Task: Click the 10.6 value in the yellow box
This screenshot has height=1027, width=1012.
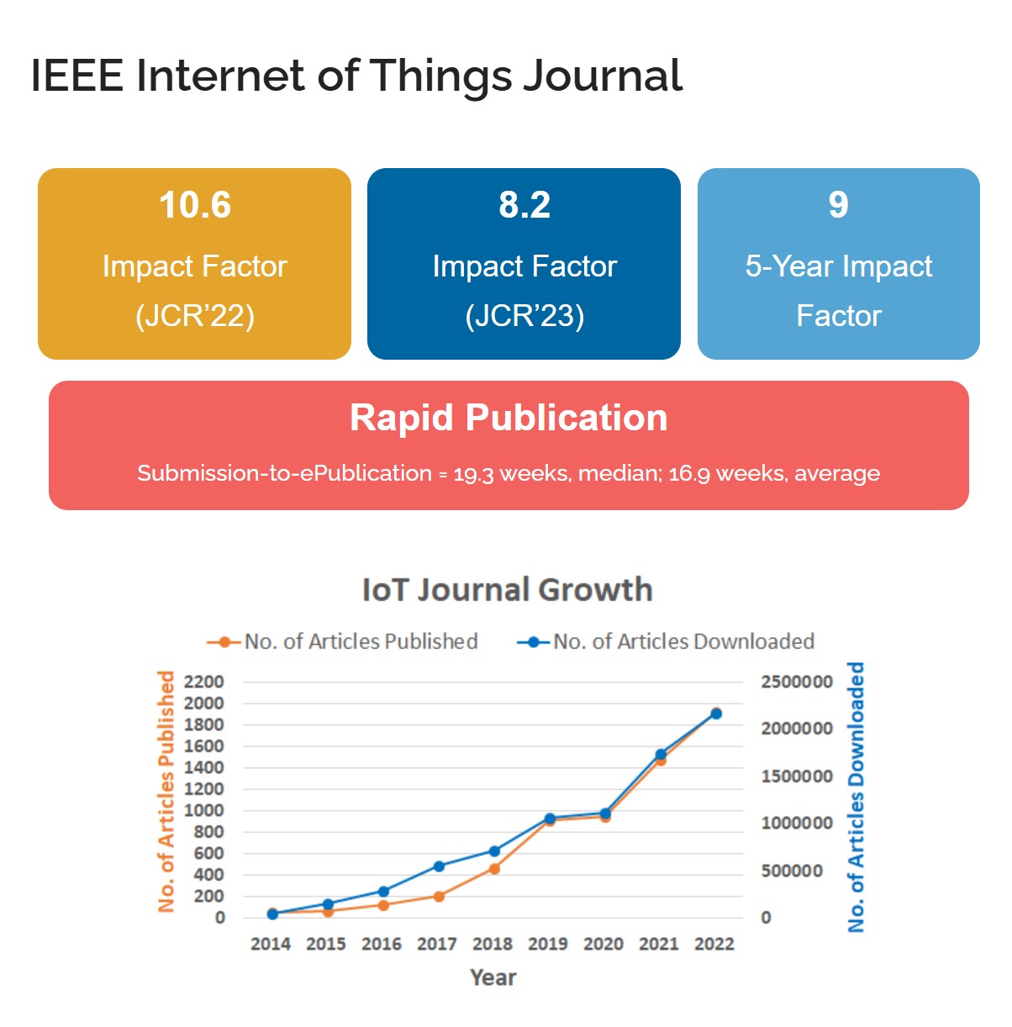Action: pyautogui.click(x=195, y=205)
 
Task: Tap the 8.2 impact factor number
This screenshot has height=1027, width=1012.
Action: pyautogui.click(x=524, y=205)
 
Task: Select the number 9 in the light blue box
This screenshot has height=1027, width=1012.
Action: pyautogui.click(x=838, y=205)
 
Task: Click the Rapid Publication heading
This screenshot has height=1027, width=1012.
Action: pyautogui.click(x=509, y=418)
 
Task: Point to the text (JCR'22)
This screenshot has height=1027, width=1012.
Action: pyautogui.click(x=195, y=316)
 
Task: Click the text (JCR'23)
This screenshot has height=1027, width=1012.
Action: pyautogui.click(x=524, y=316)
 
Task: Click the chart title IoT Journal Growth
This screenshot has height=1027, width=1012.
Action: pyautogui.click(x=507, y=589)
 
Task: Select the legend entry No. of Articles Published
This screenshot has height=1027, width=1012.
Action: pyautogui.click(x=361, y=641)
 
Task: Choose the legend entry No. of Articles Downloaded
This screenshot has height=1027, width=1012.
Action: pyautogui.click(x=683, y=641)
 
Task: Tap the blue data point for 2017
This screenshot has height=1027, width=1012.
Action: pyautogui.click(x=439, y=866)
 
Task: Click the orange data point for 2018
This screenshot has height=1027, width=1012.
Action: pyautogui.click(x=494, y=869)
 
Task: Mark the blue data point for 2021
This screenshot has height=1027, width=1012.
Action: pyautogui.click(x=661, y=755)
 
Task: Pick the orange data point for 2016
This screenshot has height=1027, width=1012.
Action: pyautogui.click(x=383, y=905)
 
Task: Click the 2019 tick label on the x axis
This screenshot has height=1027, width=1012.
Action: pyautogui.click(x=547, y=944)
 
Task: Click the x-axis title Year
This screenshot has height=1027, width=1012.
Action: pyautogui.click(x=493, y=977)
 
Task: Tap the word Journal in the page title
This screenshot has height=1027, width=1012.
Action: pyautogui.click(x=603, y=76)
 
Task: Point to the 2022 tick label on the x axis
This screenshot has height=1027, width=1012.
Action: pyautogui.click(x=714, y=944)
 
